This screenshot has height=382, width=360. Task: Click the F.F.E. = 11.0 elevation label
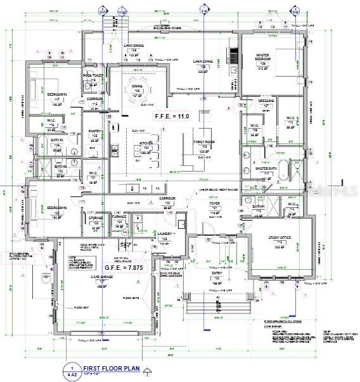pos(172,117)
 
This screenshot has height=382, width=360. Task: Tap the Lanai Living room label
pos(203,63)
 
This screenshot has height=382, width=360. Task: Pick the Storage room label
pos(96,219)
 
